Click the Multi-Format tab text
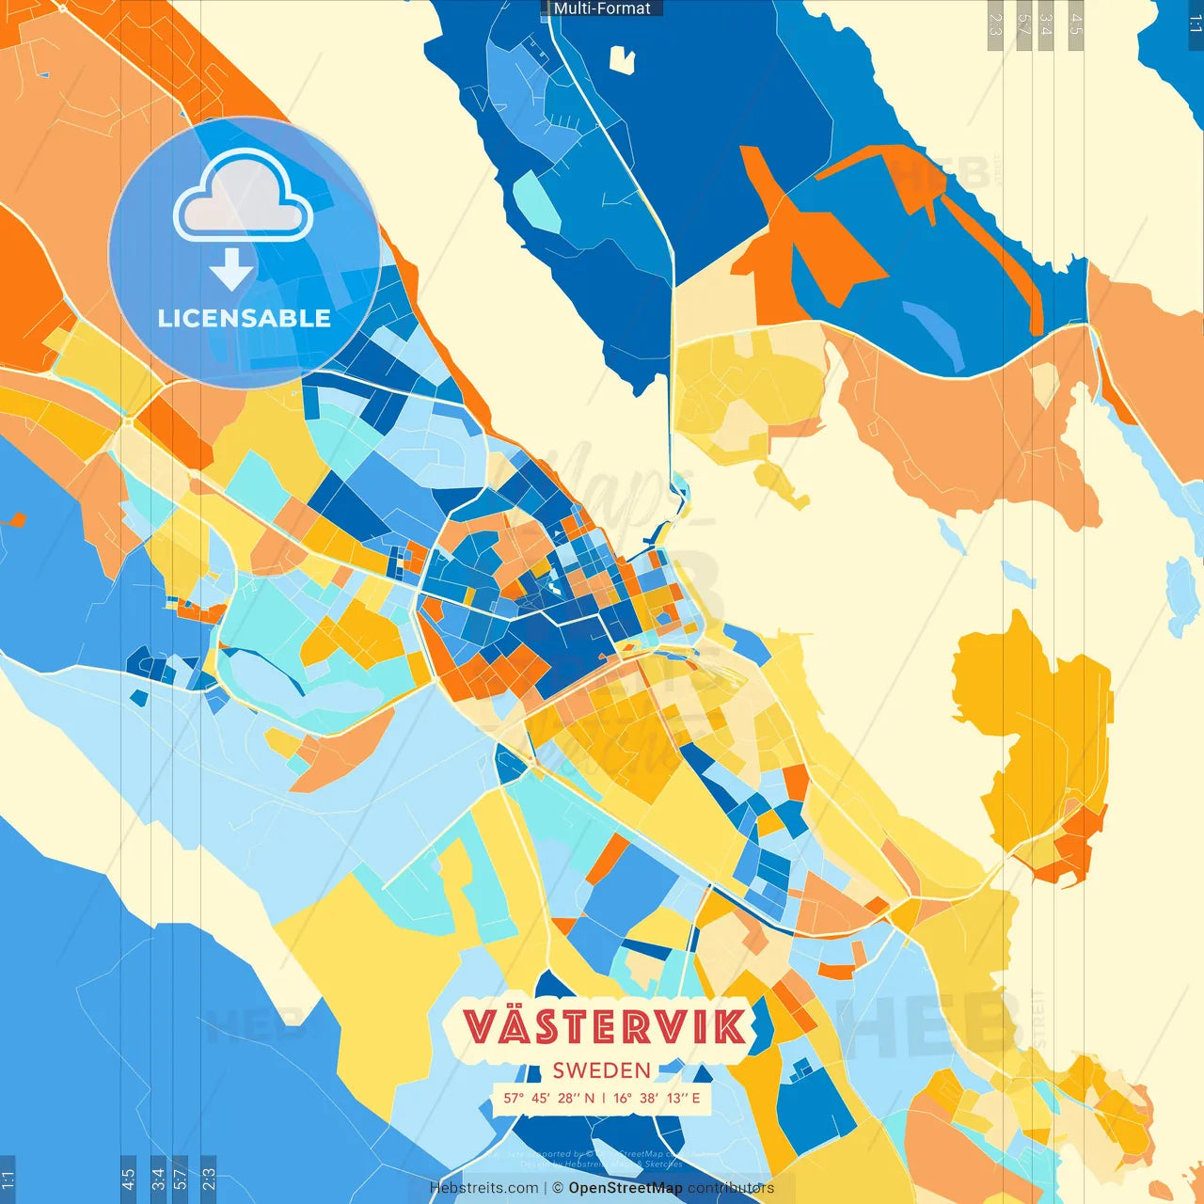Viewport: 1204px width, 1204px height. click(x=602, y=8)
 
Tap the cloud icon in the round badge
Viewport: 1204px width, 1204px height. click(x=244, y=198)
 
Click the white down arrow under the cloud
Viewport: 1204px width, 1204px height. click(x=231, y=270)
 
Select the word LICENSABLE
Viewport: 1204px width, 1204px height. click(x=244, y=319)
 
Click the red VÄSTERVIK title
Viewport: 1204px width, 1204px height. click(x=605, y=1026)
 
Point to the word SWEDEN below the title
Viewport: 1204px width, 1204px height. click(x=601, y=1070)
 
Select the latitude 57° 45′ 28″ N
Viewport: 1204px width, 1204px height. click(x=548, y=1098)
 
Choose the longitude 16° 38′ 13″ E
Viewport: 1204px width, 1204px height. click(x=657, y=1098)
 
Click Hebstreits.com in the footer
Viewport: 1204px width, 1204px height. click(x=483, y=1188)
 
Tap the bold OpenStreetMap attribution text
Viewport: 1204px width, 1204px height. click(x=625, y=1188)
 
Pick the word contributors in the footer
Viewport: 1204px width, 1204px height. click(x=730, y=1188)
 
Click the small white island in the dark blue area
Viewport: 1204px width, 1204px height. click(x=622, y=59)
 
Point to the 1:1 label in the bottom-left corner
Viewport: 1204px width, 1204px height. click(x=8, y=1179)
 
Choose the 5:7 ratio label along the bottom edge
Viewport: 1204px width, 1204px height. click(x=180, y=1179)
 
